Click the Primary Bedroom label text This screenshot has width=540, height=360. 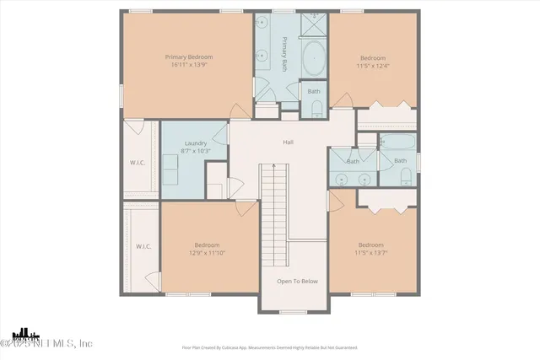188,57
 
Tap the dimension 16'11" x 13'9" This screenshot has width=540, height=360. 188,65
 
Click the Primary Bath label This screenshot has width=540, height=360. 285,54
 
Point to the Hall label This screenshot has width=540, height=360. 288,142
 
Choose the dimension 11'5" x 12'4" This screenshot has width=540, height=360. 373,65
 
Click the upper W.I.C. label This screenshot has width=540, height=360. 138,163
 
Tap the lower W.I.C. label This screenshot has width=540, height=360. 143,246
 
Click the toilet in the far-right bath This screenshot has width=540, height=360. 406,176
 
